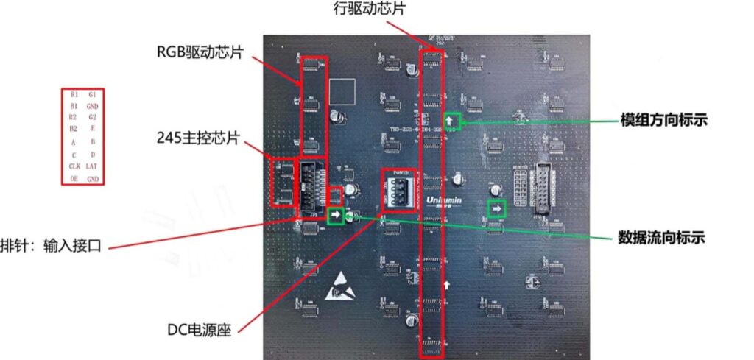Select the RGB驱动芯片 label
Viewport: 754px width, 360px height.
[201, 52]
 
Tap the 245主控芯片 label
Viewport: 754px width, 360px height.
[197, 138]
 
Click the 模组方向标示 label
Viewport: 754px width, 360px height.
[663, 119]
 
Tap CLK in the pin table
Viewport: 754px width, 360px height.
[74, 167]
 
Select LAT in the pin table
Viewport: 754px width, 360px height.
[92, 167]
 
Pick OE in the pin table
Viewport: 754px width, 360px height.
[74, 179]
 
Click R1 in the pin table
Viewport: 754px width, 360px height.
[74, 95]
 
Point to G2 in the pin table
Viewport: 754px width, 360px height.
[92, 118]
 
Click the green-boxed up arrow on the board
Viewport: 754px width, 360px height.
[451, 121]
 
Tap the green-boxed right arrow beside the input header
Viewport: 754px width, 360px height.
[336, 216]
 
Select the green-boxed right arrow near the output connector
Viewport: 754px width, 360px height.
[497, 210]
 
